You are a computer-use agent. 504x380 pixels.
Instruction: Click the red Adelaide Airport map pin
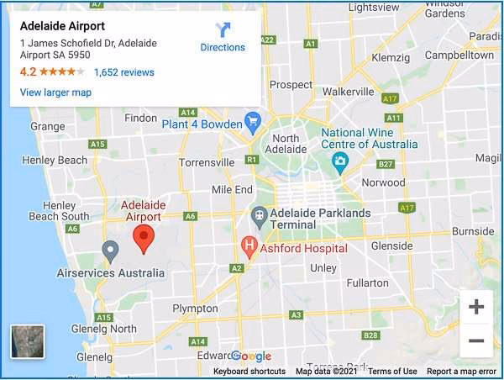tap(144, 238)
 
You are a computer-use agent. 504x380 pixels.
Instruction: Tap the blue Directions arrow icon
tap(223, 31)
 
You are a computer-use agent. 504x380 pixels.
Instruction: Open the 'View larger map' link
tap(55, 92)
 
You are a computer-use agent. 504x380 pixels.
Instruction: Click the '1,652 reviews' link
tap(124, 72)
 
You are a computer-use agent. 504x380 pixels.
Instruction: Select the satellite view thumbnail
tap(28, 341)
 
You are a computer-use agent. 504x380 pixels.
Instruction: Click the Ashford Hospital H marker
tap(249, 246)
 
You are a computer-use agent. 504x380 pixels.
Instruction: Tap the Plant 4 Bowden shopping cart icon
tap(253, 124)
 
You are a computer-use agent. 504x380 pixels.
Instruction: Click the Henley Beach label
tap(55, 160)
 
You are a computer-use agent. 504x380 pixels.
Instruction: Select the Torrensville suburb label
tap(207, 162)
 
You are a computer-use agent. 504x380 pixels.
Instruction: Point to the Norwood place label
tap(382, 182)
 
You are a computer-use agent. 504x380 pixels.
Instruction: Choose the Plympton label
tap(195, 309)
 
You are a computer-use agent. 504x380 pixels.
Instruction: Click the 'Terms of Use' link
tap(392, 372)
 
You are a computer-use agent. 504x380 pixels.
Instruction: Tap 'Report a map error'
tap(461, 372)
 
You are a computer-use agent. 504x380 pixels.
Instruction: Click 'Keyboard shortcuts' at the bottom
tap(249, 372)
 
